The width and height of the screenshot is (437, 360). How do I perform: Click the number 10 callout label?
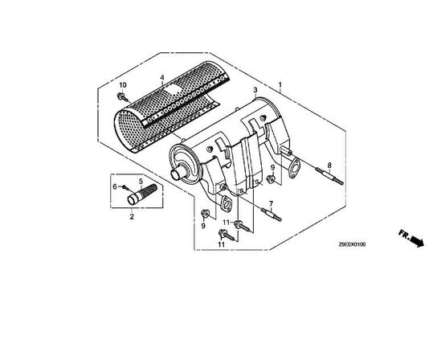click(124, 84)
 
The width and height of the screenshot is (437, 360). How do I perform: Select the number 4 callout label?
click(161, 79)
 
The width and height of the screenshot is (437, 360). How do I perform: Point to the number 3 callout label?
click(254, 90)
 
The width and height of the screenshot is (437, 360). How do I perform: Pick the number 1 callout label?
click(280, 84)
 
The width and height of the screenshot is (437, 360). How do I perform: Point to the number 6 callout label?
click(115, 186)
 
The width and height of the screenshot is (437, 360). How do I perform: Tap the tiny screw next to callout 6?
click(125, 187)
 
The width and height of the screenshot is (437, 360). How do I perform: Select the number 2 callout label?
click(132, 216)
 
